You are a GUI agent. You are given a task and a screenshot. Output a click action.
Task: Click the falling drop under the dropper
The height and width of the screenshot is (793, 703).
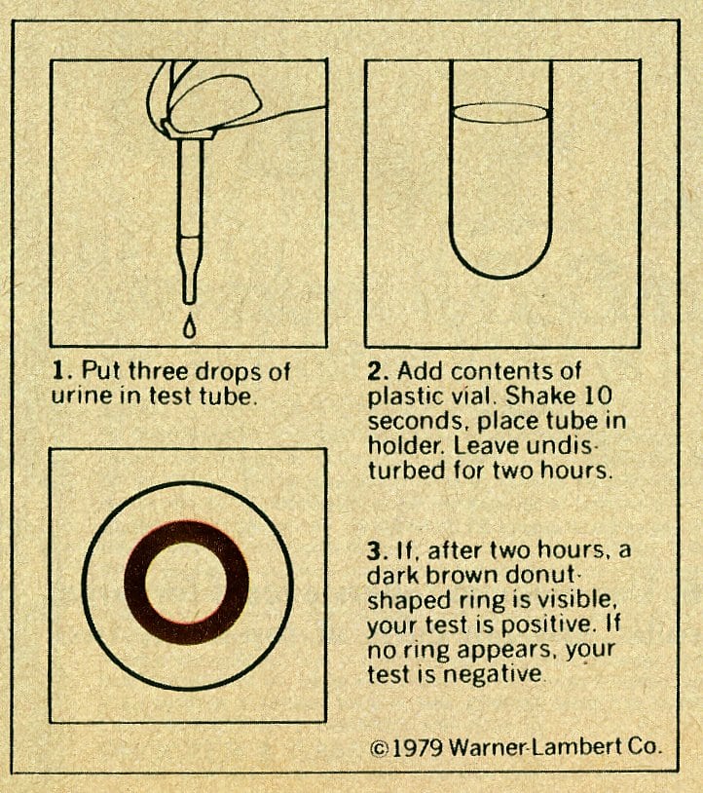tap(190, 325)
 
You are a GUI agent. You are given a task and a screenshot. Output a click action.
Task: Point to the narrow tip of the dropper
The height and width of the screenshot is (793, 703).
tap(190, 287)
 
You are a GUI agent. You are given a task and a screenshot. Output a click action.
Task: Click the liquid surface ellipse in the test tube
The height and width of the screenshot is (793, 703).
tap(500, 113)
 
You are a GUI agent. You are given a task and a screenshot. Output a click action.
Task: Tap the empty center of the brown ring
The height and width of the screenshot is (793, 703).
tap(187, 583)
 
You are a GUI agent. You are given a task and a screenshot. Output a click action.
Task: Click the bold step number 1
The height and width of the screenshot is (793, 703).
tap(59, 371)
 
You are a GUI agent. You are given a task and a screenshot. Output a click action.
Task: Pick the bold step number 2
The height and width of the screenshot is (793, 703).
tap(376, 371)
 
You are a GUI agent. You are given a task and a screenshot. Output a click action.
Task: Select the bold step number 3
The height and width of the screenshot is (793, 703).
tap(375, 550)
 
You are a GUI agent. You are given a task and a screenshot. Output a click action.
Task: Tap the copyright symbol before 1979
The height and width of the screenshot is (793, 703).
tap(379, 748)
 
